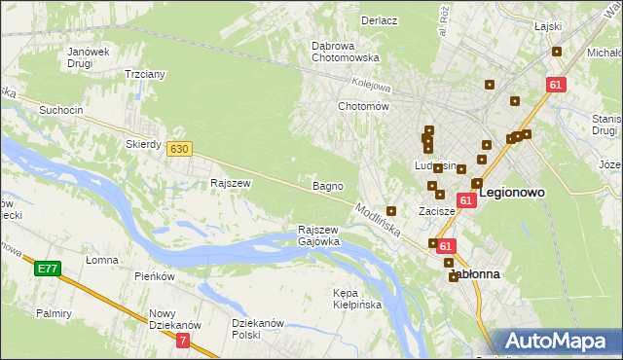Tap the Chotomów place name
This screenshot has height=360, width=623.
point(363,106)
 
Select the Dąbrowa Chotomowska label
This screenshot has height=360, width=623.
point(345,52)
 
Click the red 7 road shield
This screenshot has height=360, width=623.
point(183,341)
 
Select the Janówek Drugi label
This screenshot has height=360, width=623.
point(87,58)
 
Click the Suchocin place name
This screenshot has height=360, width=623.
point(60,110)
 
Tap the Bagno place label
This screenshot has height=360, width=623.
point(326,185)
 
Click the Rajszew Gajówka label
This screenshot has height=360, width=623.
point(318,234)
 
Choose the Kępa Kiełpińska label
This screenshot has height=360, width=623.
point(357,299)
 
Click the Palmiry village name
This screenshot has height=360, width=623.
point(55,313)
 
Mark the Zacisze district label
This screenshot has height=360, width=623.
point(437,210)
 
